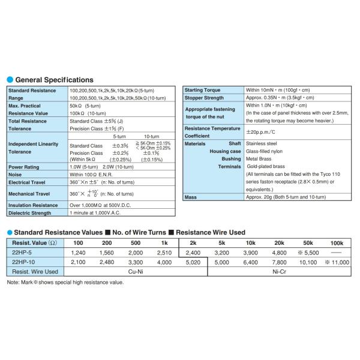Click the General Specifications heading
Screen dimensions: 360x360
54,80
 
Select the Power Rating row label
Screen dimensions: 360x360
25,167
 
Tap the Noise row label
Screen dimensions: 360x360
16,175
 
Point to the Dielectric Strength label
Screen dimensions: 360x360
30,212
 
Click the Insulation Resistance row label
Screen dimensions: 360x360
33,205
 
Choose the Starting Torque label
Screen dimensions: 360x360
203,89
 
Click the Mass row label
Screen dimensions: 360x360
191,197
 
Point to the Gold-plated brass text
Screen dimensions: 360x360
269,166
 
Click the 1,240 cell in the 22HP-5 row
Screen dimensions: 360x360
78,253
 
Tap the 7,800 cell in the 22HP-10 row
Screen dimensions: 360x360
279,262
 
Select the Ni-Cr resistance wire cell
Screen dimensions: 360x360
279,272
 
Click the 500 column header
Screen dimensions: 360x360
136,243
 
